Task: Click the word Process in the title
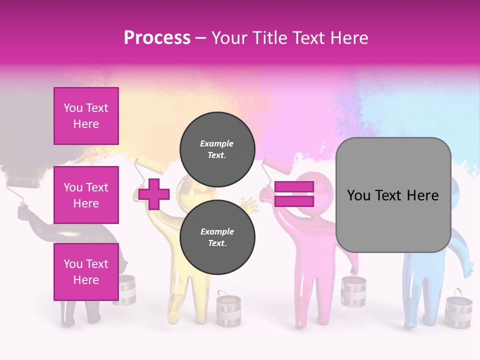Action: [157, 37]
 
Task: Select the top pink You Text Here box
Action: [86, 116]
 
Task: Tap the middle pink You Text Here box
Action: [86, 195]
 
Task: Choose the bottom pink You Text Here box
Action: [86, 271]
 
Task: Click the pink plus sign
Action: [154, 194]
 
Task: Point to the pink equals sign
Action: [294, 194]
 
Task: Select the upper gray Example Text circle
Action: [217, 149]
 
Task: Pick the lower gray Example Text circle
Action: [217, 237]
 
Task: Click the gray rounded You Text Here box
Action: [393, 195]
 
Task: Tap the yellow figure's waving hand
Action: [248, 204]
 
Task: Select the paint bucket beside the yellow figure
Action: [228, 310]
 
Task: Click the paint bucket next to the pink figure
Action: [353, 292]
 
